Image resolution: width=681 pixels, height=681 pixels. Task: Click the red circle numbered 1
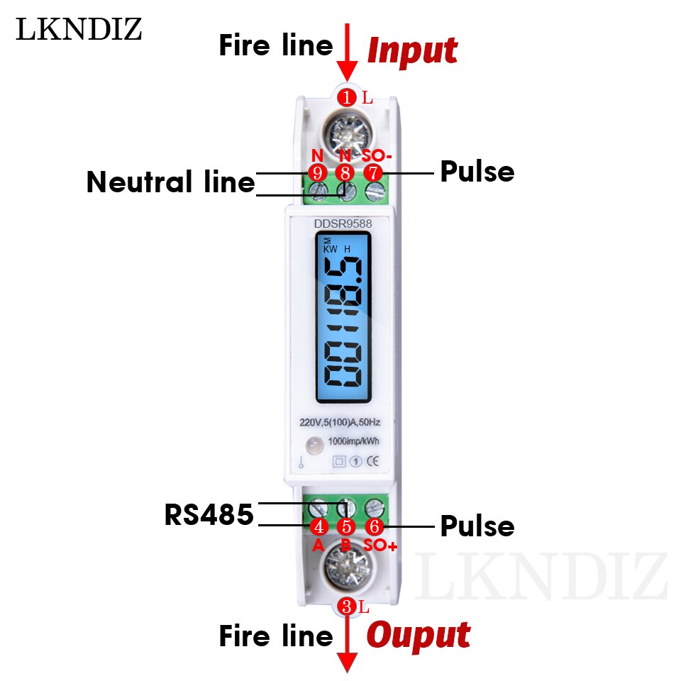point(347,97)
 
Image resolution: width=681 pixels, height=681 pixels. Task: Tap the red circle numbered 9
point(317,172)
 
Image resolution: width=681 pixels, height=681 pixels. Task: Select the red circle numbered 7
point(373,172)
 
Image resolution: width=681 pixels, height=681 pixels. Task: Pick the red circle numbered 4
point(319,527)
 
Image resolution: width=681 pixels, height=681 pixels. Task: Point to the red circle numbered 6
point(375,527)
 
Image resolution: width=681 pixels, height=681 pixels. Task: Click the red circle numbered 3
point(347,607)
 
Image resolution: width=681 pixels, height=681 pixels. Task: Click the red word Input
point(412,51)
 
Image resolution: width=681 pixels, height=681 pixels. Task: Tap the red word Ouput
point(418,636)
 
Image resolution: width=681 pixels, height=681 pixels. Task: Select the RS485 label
point(209,515)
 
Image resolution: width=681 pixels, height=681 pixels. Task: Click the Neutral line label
point(170,182)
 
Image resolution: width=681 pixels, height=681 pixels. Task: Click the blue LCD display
point(344,319)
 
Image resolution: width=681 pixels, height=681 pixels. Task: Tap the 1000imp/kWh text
point(354,441)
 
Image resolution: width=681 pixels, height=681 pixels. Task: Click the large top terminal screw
point(347,133)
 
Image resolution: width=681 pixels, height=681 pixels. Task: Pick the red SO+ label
point(380,545)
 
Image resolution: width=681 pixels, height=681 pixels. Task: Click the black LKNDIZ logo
point(79,29)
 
